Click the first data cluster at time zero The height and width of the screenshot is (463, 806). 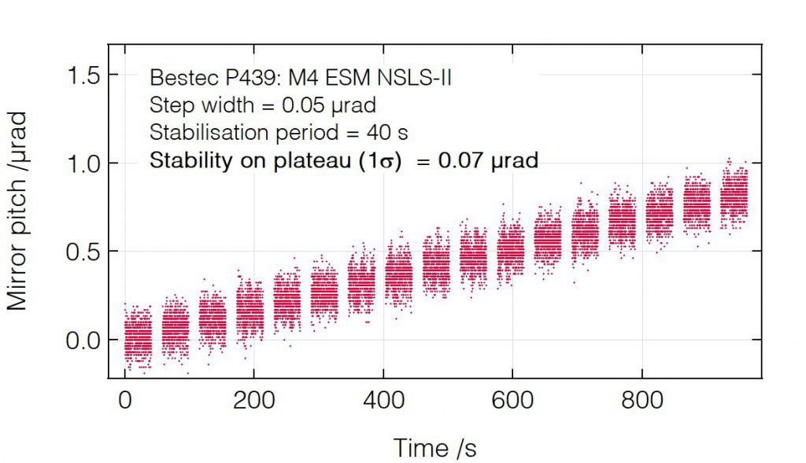pyautogui.click(x=139, y=338)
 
